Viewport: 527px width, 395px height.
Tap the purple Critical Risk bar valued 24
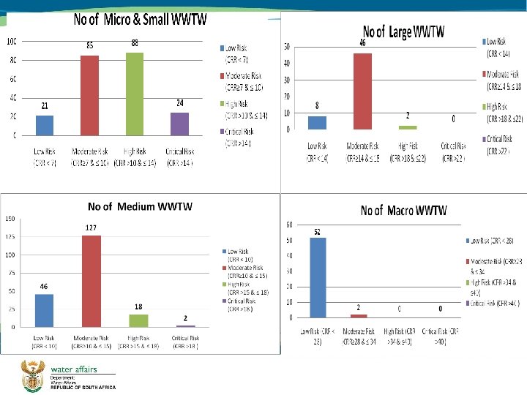pos(179,124)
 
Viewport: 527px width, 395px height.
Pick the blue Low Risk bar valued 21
pos(45,125)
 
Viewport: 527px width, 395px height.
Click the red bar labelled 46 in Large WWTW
pos(362,91)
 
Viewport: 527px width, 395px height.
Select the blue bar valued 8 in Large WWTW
pos(317,123)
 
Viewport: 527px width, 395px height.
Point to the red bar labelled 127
pos(91,281)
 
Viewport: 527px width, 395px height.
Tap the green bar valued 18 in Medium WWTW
pos(138,320)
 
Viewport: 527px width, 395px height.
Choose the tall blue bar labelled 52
pos(318,277)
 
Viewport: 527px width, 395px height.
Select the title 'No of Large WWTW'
pos(404,31)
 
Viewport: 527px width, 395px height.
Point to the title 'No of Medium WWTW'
pos(140,206)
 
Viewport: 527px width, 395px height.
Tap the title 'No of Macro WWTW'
pos(403,211)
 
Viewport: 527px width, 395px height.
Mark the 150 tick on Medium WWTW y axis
pos(10,219)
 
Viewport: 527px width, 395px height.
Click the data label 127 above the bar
pos(91,227)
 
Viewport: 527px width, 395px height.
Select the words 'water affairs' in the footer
pos(74,369)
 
